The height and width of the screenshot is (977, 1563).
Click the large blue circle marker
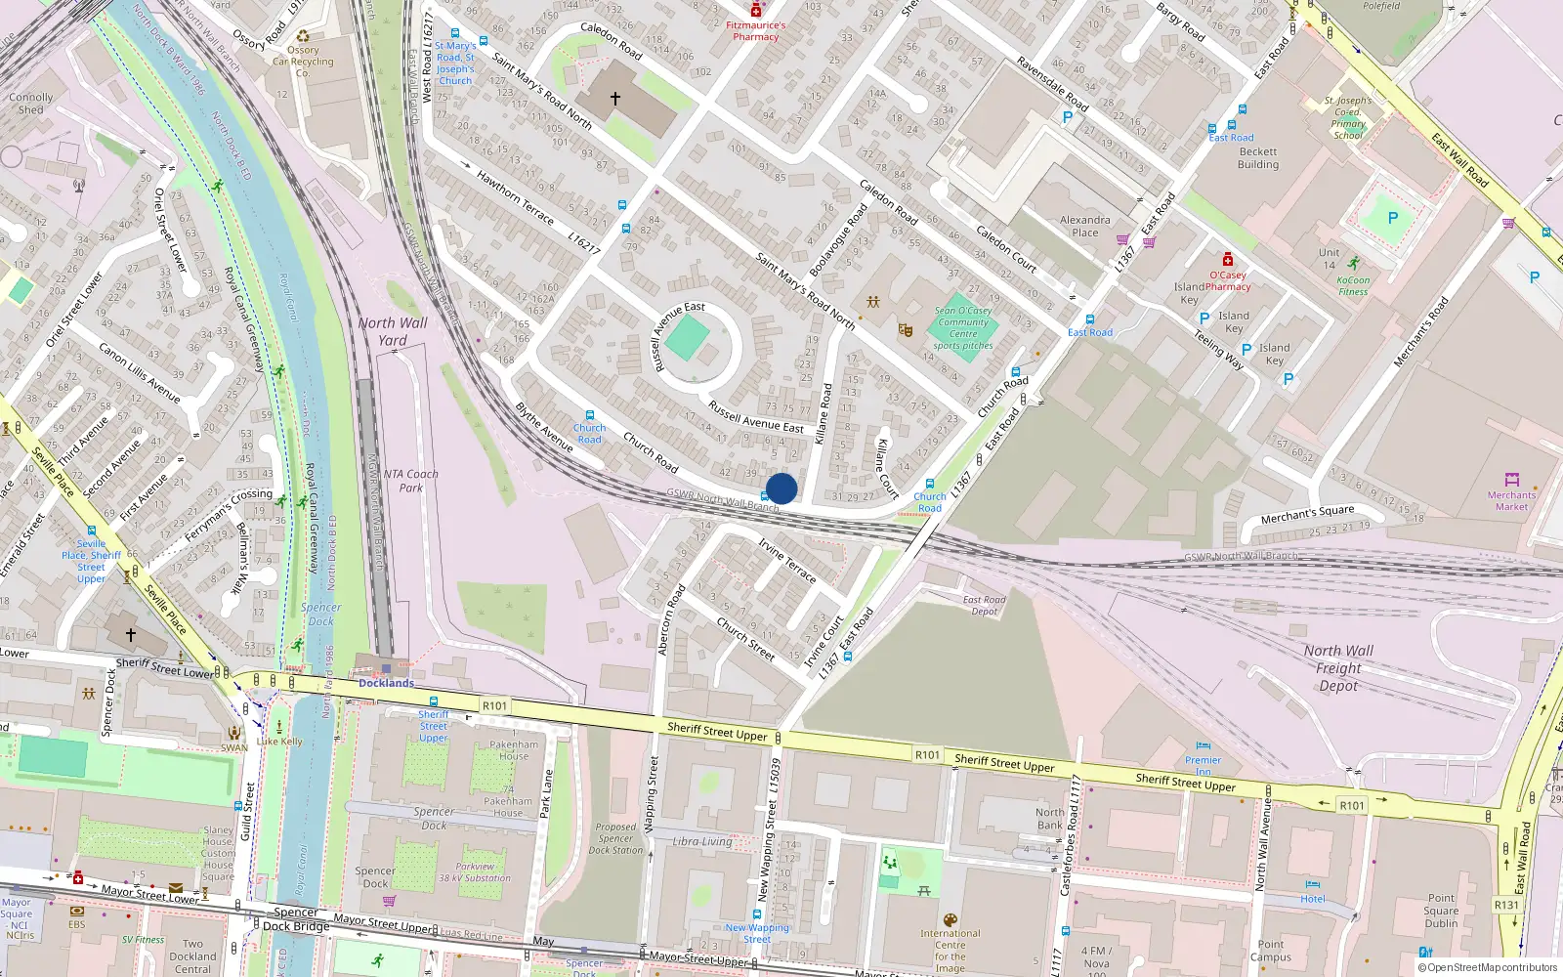tap(781, 488)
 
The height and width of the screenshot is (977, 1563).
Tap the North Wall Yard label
tap(393, 331)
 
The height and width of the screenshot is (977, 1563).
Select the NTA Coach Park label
tap(410, 480)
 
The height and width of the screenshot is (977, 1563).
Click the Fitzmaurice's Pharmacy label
tap(755, 31)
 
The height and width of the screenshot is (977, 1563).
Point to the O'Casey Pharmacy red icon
tap(1228, 259)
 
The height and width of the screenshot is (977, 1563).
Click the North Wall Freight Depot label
tap(1338, 667)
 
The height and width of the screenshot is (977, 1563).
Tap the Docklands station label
tap(386, 683)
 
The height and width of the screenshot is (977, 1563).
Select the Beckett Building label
tap(1258, 158)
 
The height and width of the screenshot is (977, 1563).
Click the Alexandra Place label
tap(1084, 226)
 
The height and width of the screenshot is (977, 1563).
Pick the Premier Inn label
tap(1203, 765)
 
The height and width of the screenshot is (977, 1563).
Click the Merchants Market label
tap(1511, 500)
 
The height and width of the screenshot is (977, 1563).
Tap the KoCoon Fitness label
tap(1353, 285)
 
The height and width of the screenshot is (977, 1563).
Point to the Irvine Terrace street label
tap(787, 560)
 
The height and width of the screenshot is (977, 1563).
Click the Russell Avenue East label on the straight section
tap(756, 416)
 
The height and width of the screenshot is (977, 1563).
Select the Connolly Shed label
tap(31, 104)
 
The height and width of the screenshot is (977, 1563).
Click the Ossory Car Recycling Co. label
tap(303, 61)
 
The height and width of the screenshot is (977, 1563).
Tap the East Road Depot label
tap(984, 606)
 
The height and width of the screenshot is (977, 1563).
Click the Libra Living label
tap(702, 841)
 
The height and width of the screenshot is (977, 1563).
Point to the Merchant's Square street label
tap(1307, 514)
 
